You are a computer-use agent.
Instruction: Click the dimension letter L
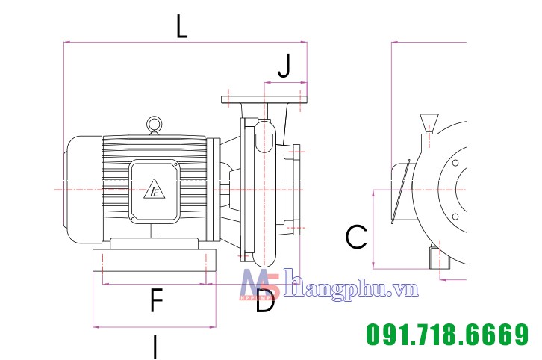[182, 27]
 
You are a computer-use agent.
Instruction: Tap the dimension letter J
[284, 66]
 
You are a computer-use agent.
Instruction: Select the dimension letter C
[356, 237]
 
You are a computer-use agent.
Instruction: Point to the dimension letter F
[157, 300]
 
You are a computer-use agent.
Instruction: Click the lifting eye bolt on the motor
[155, 125]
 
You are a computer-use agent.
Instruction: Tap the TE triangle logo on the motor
[155, 189]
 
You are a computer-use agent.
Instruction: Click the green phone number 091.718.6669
[447, 334]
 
